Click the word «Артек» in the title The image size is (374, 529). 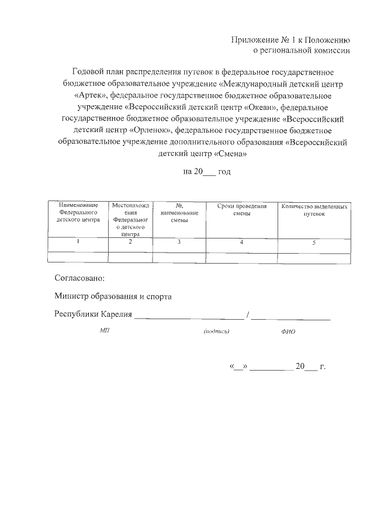click(x=87, y=96)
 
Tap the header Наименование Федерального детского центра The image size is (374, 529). click(x=78, y=213)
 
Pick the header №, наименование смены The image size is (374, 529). click(x=180, y=213)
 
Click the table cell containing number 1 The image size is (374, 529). click(x=78, y=241)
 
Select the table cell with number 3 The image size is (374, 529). click(x=180, y=241)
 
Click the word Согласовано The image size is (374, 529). click(x=80, y=278)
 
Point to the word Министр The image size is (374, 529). click(x=70, y=297)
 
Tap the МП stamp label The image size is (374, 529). click(x=105, y=331)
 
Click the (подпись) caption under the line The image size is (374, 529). click(x=216, y=331)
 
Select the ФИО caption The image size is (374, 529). click(x=288, y=331)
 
